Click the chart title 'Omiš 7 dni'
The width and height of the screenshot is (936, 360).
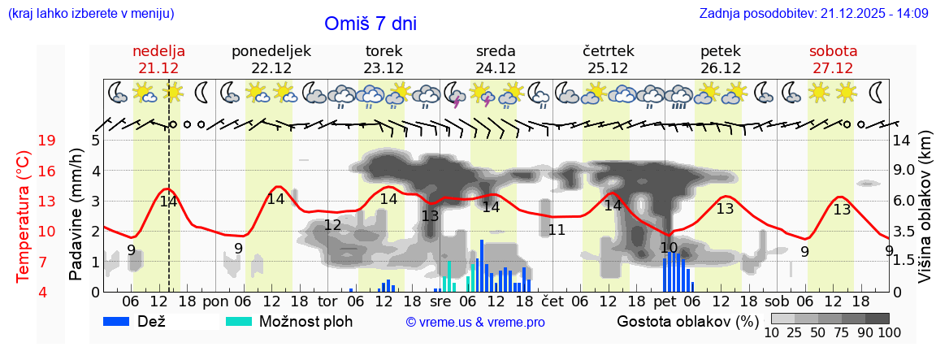[370, 24]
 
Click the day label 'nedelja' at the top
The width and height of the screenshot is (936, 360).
[159, 51]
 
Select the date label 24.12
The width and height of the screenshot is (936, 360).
[496, 68]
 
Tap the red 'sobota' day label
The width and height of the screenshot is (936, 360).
[833, 51]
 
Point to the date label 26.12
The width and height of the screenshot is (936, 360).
[720, 68]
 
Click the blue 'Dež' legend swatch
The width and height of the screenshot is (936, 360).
[122, 321]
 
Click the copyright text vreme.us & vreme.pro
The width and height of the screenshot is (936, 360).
[475, 322]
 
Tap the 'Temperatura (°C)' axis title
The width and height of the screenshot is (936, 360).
[24, 217]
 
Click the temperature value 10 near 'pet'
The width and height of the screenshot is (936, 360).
[669, 248]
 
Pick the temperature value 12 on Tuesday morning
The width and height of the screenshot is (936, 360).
[332, 225]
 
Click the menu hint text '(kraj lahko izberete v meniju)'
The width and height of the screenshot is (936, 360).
[90, 14]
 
